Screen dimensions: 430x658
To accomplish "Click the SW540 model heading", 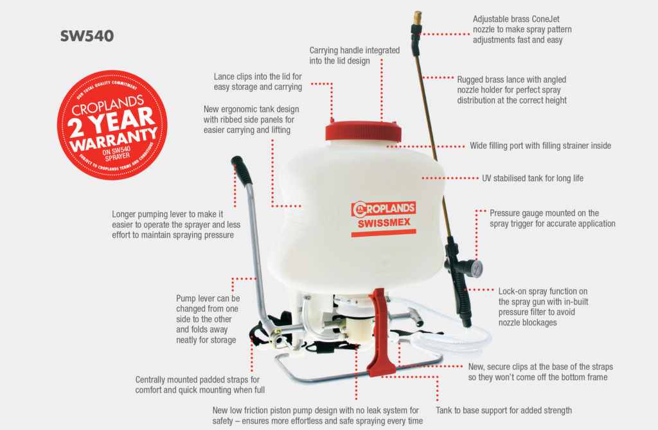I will (x=87, y=36).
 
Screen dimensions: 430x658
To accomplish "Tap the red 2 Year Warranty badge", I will (x=112, y=125).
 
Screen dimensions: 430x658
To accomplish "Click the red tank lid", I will (x=364, y=132).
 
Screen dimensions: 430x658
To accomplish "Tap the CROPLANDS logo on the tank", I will (x=383, y=208).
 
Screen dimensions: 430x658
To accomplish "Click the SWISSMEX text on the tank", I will (x=384, y=223).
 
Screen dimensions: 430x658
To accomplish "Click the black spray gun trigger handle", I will (x=460, y=282).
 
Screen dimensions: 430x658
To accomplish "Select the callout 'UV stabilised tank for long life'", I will (x=532, y=178).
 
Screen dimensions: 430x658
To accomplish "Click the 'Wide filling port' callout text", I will (x=540, y=146).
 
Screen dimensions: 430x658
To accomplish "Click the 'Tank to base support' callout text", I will (x=503, y=410).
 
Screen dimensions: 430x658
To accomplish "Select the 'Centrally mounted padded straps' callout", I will (x=200, y=384).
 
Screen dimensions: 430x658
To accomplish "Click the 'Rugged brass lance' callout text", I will (x=511, y=90).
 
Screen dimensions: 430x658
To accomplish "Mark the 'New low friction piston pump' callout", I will (x=318, y=415).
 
